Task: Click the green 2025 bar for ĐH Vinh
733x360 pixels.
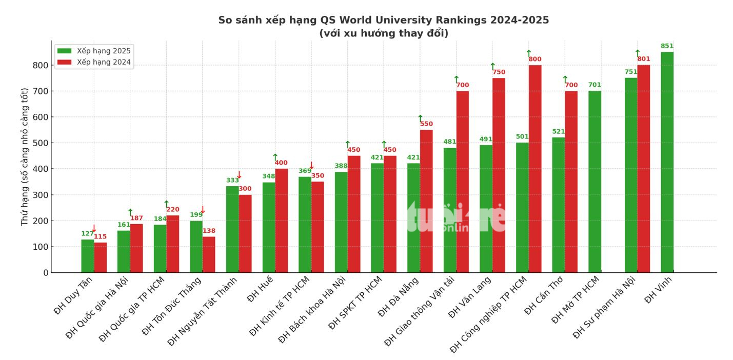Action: (667, 162)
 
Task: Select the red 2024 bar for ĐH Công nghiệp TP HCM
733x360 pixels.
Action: (535, 169)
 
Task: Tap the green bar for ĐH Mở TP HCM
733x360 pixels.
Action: (595, 182)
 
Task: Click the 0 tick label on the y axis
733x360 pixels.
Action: (46, 273)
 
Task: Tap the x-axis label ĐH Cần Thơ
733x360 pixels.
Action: (544, 295)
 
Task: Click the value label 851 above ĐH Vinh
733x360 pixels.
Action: (667, 46)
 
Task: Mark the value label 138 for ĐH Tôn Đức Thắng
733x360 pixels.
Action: (209, 231)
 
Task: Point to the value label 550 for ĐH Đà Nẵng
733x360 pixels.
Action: (426, 124)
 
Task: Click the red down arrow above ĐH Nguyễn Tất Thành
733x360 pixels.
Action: (239, 175)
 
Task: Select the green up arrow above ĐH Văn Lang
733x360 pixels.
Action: (493, 66)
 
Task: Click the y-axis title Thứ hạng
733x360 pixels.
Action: (25, 157)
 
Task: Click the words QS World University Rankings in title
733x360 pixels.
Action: (403, 20)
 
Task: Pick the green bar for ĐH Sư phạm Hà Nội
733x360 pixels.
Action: (631, 175)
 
